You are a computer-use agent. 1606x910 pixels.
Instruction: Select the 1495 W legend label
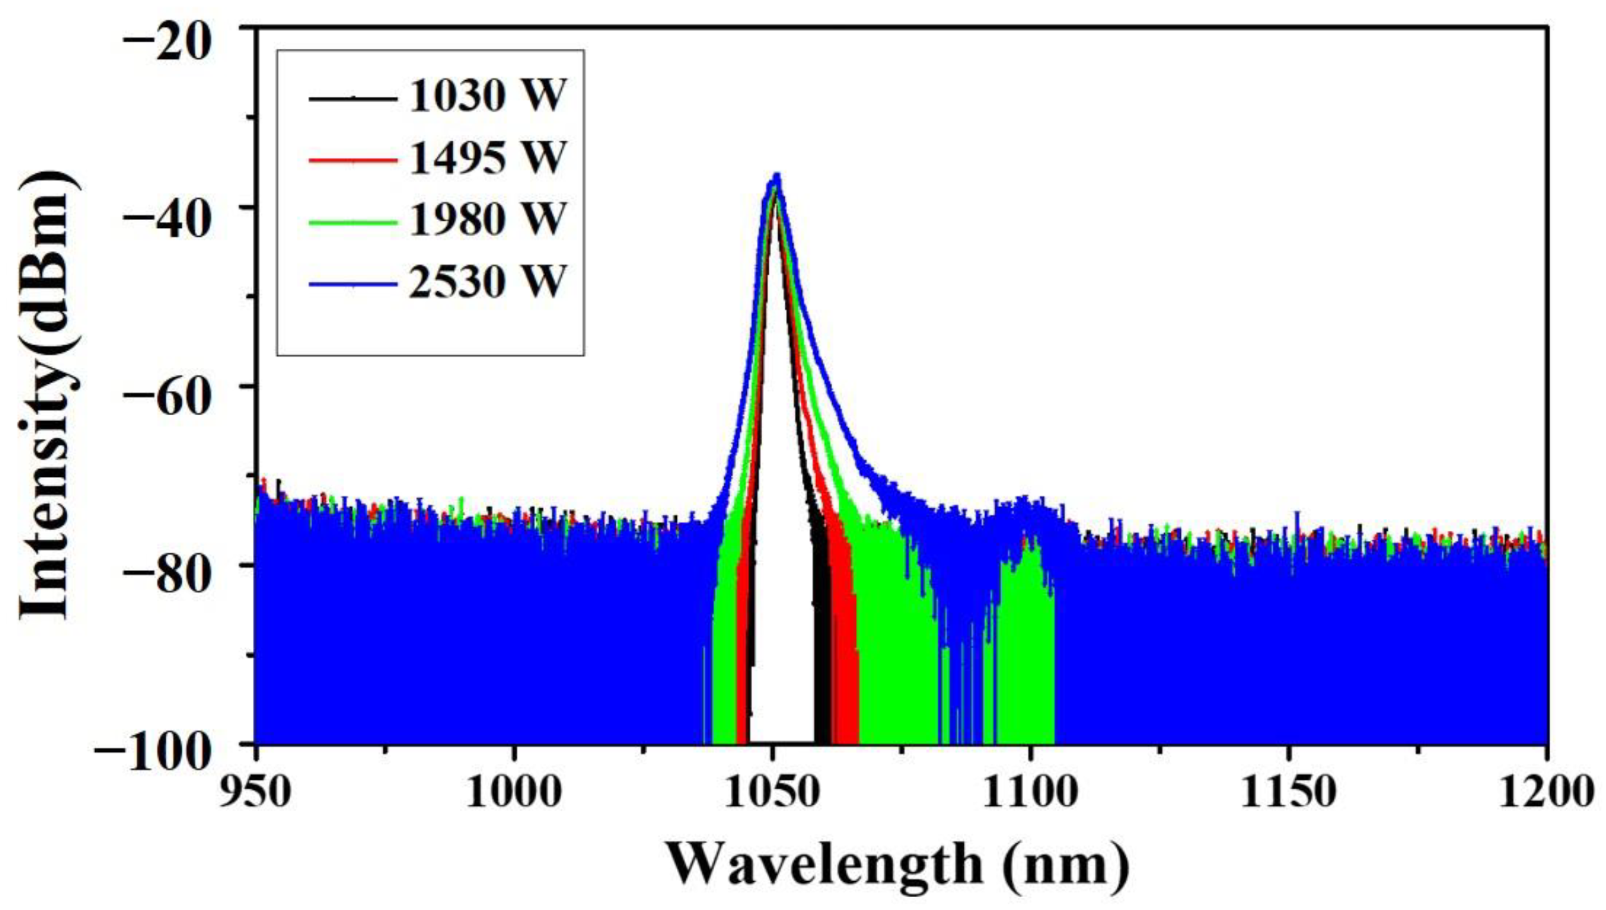click(487, 159)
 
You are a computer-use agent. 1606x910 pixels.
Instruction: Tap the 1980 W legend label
click(487, 220)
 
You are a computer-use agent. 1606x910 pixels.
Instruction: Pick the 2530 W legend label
click(487, 282)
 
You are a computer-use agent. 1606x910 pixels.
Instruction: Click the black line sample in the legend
click(353, 98)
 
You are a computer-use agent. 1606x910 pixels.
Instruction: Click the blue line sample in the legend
click(353, 284)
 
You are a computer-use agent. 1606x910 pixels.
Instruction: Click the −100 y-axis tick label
click(154, 753)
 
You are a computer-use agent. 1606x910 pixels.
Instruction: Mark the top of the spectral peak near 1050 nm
click(776, 175)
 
